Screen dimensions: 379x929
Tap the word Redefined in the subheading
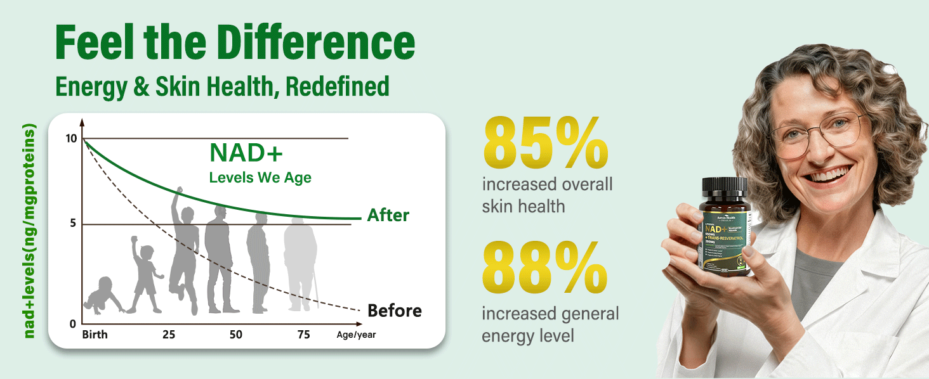(338, 86)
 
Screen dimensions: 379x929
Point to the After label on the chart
(388, 215)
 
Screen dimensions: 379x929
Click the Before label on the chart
(394, 311)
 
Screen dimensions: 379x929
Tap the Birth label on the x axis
(95, 335)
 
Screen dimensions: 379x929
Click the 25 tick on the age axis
(168, 335)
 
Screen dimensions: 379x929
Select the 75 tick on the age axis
(303, 335)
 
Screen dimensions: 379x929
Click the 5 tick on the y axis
(74, 224)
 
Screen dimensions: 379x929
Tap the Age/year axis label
(356, 335)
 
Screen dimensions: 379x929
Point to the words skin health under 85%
(524, 206)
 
